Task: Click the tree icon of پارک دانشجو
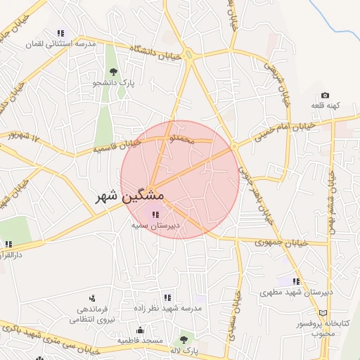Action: pos(113,72)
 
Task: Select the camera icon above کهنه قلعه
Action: pos(325,95)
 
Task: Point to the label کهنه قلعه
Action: pos(326,105)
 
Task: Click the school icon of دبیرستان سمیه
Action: pos(155,214)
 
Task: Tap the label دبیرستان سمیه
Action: pos(155,226)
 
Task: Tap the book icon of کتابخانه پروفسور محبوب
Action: pos(323,313)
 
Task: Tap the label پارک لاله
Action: pos(186,349)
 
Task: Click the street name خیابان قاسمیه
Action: pos(117,146)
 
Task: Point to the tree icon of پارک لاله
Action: pos(184,340)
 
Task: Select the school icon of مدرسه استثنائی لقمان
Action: pos(60,33)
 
